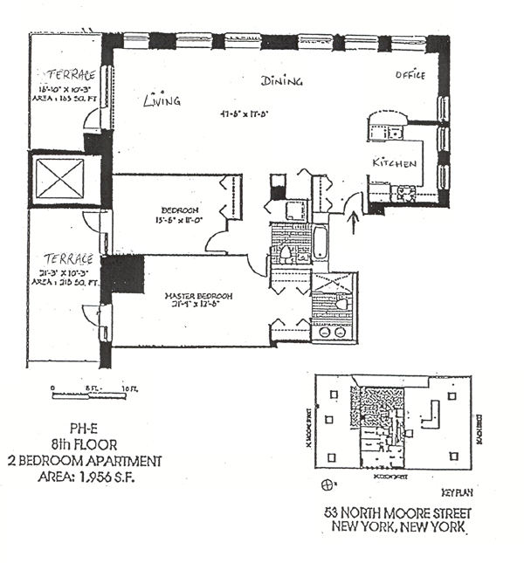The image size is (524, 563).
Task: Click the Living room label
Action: (x=162, y=100)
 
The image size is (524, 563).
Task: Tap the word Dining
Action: (x=282, y=81)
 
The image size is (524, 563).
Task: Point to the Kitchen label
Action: (x=395, y=163)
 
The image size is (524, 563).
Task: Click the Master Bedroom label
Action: (x=198, y=296)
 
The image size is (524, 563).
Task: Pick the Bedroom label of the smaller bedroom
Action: (x=181, y=209)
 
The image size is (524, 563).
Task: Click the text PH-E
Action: (x=71, y=429)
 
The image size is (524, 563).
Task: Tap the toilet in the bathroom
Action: (x=285, y=253)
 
